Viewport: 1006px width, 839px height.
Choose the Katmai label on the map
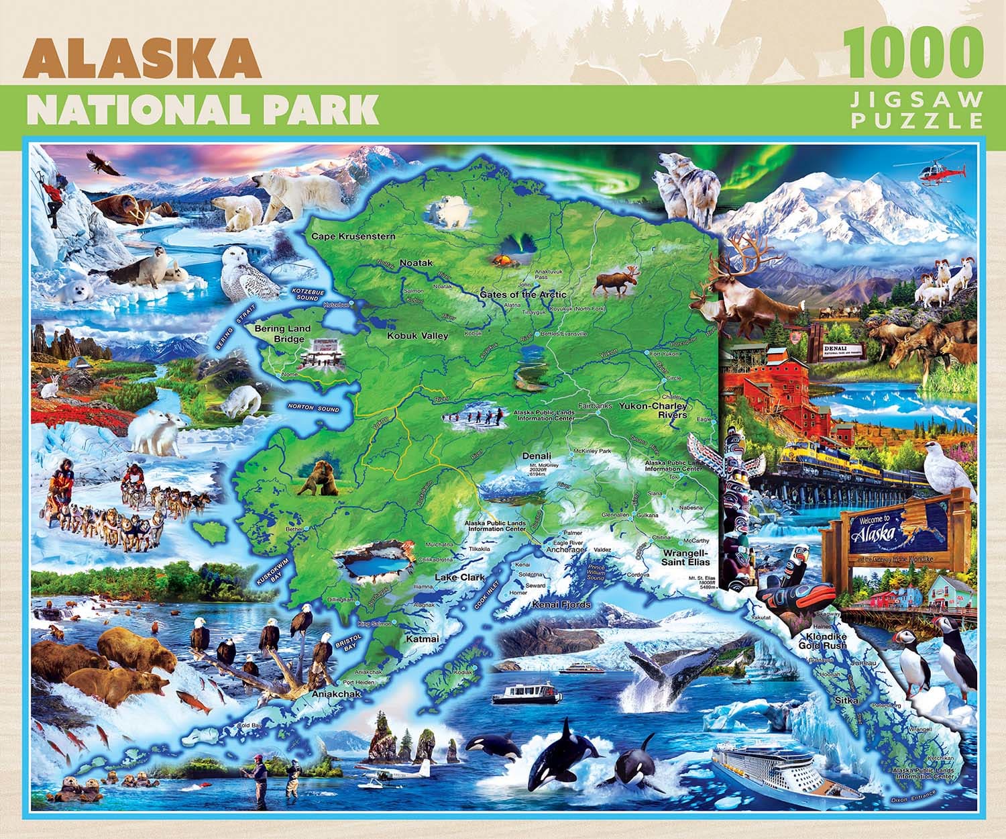(422, 639)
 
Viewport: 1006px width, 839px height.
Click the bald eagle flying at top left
(106, 164)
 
